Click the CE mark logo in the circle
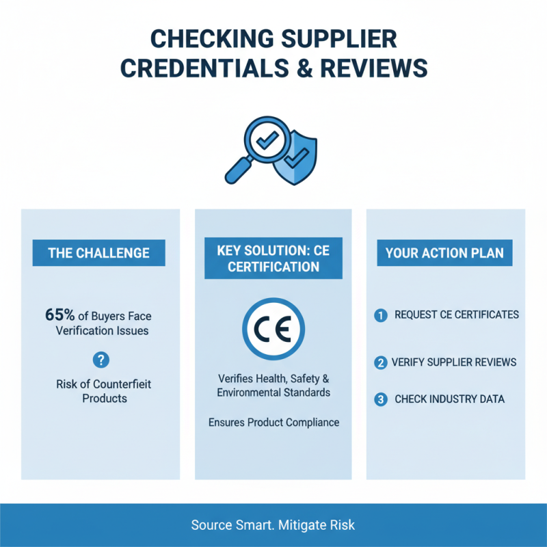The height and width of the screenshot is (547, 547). [x=273, y=329]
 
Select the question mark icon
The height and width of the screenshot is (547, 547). [x=101, y=360]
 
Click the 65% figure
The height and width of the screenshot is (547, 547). [x=59, y=315]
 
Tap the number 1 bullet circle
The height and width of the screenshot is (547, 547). [x=381, y=315]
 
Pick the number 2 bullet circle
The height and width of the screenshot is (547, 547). [x=381, y=363]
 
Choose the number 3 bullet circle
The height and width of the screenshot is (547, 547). [x=381, y=399]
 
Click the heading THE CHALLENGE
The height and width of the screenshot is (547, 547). [x=98, y=253]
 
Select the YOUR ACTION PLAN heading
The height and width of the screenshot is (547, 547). [x=445, y=253]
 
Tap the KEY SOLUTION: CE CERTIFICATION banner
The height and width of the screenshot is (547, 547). [x=273, y=258]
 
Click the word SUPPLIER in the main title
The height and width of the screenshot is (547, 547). [x=338, y=39]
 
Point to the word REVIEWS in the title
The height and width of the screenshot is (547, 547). [x=374, y=68]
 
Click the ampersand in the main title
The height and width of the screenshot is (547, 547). [x=305, y=68]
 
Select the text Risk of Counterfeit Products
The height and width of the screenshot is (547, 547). [x=104, y=391]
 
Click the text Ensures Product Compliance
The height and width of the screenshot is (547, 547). [x=274, y=423]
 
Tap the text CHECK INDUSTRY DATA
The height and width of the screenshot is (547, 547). [x=450, y=399]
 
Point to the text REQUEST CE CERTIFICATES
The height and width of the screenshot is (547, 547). [x=457, y=315]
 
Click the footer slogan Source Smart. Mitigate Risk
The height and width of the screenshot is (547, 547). [x=273, y=525]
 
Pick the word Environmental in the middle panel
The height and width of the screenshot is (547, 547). [x=249, y=392]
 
